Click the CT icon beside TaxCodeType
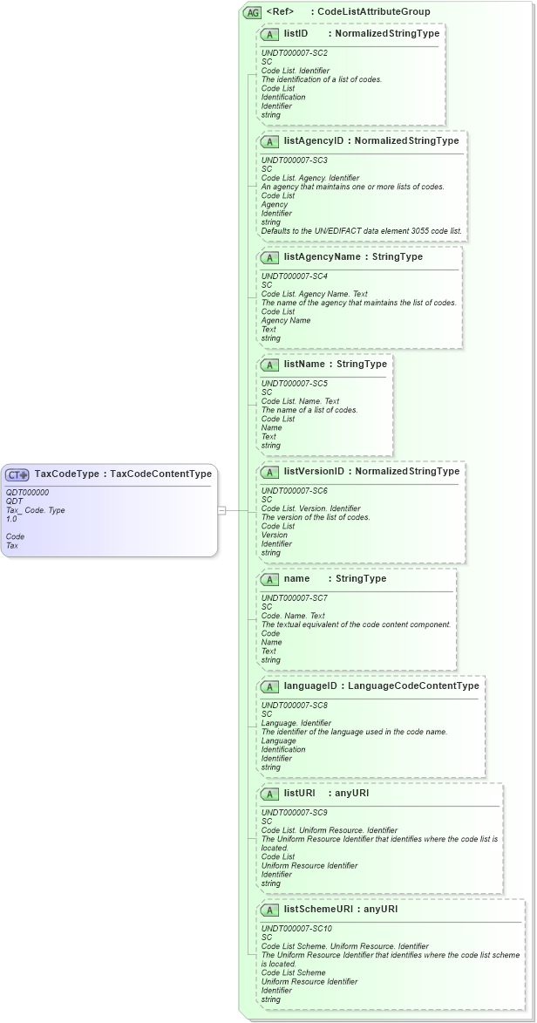tap(17, 474)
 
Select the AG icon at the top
tap(252, 12)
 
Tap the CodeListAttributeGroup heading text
tap(374, 12)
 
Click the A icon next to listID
tap(270, 34)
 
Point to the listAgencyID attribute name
tap(314, 140)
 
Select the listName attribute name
tap(303, 364)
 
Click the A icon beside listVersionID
tap(270, 472)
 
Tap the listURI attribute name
tap(299, 793)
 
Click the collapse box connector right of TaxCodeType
tap(222, 510)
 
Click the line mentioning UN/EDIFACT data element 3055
tap(362, 231)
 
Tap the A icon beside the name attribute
tap(270, 579)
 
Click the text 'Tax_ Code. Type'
tap(35, 510)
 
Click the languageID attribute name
tap(310, 685)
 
